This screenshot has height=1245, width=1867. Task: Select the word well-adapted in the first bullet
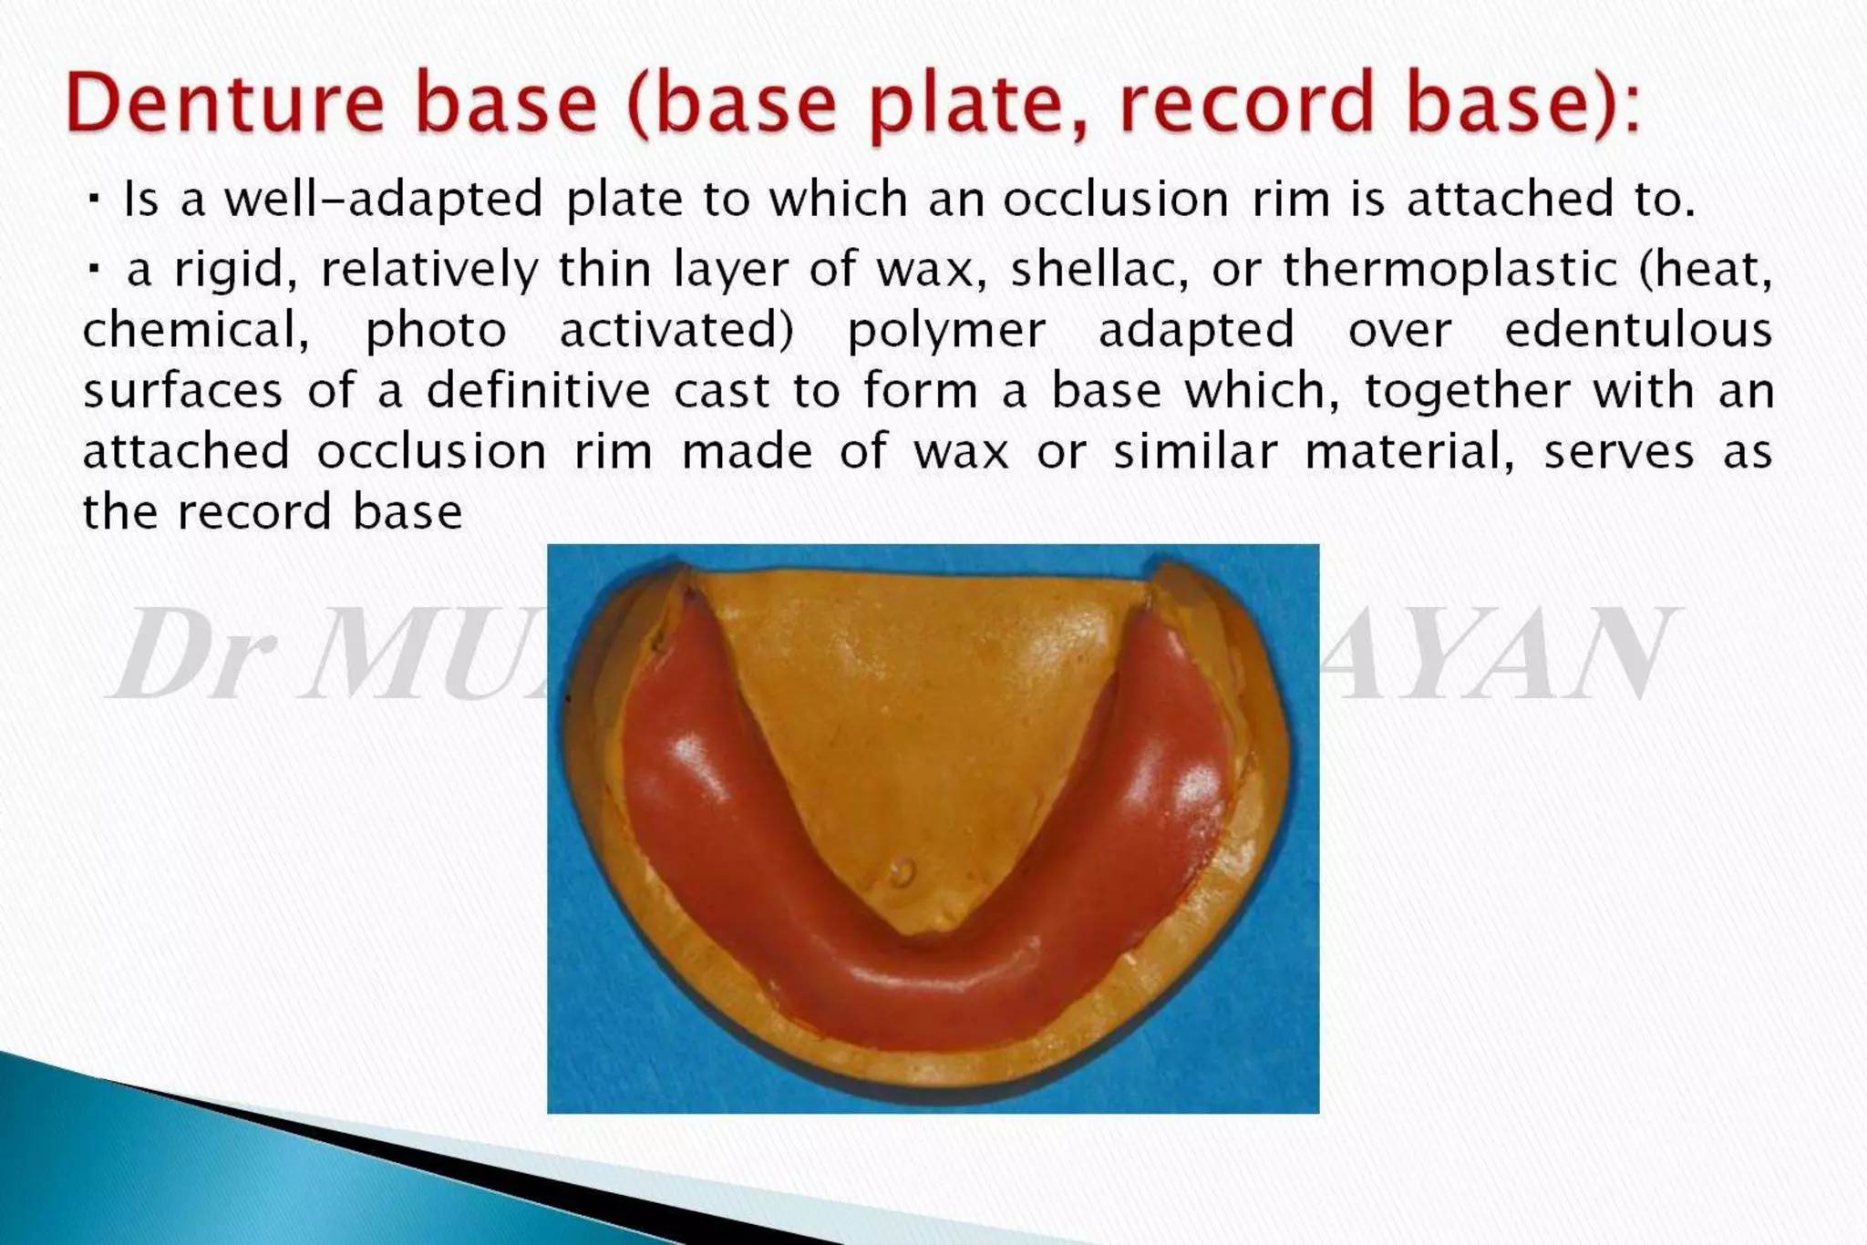[384, 200]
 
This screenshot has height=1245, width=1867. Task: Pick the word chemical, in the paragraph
[195, 330]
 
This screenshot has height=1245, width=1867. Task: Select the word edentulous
[1637, 329]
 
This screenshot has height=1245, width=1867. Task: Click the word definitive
[538, 390]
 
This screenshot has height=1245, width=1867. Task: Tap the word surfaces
[182, 391]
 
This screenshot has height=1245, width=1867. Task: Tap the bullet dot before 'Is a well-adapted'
[94, 198]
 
